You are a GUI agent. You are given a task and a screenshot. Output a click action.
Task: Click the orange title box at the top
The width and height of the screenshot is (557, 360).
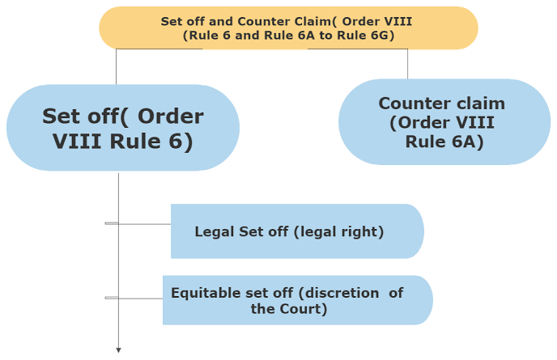[288, 28]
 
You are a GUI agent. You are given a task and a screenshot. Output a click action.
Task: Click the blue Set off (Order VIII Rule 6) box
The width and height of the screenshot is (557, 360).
[122, 128]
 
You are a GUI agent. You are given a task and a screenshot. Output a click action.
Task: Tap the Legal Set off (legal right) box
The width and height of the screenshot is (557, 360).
[296, 231]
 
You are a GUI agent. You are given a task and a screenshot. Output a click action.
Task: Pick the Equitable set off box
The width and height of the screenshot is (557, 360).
[297, 300]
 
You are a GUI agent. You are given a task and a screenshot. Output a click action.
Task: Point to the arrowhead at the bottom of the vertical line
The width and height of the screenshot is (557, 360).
[118, 350]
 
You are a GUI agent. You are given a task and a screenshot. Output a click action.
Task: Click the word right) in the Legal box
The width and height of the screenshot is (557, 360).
[364, 231]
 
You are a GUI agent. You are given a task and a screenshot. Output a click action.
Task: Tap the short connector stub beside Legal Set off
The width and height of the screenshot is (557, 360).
[112, 222]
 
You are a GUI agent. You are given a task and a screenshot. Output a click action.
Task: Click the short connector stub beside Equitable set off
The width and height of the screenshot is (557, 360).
[112, 298]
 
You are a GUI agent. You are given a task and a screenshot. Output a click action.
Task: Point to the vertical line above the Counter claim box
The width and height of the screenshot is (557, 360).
[407, 64]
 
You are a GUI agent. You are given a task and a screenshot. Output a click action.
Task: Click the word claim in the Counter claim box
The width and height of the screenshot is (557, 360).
[477, 104]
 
